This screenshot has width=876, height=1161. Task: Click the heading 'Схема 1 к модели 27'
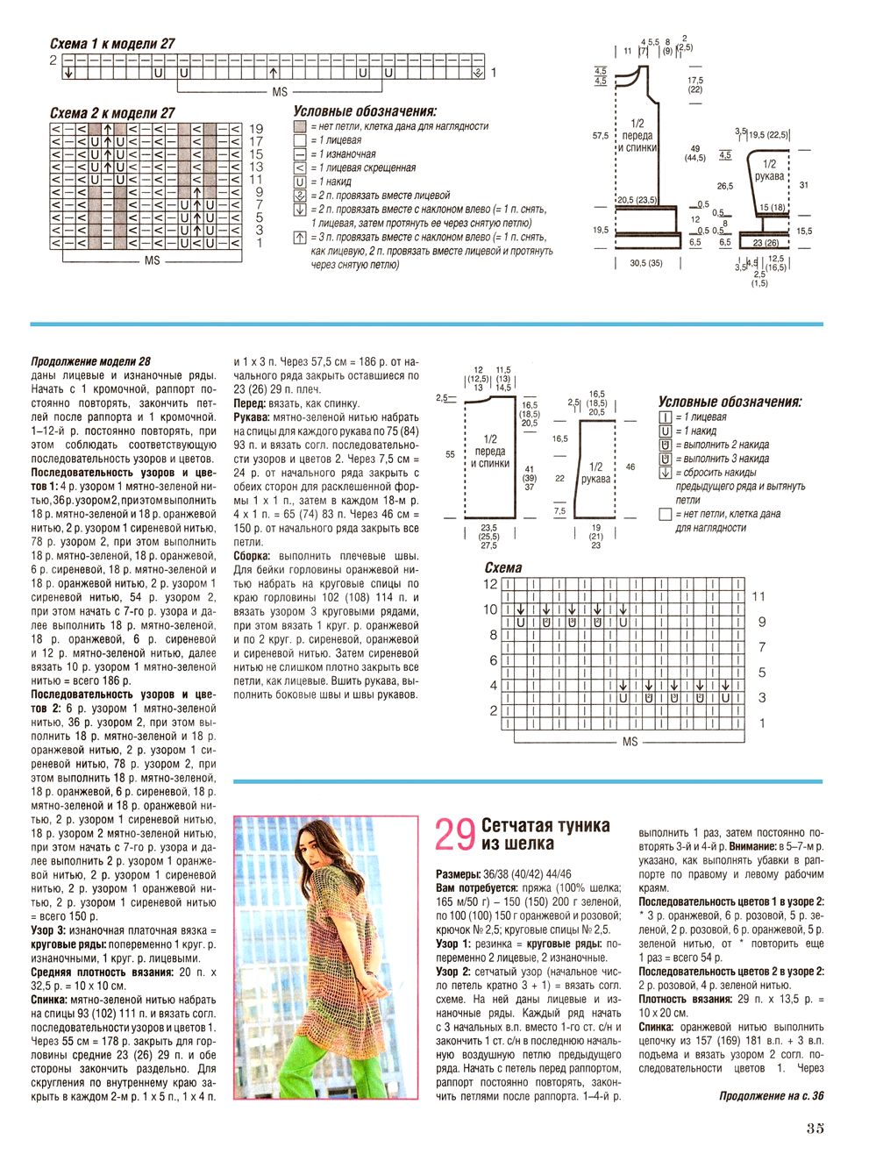click(x=112, y=43)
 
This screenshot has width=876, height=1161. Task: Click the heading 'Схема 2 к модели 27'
click(x=112, y=113)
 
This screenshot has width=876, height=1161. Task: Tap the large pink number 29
click(x=455, y=835)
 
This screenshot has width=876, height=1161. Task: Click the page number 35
click(x=815, y=1129)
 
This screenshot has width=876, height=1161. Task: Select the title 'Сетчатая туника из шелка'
click(x=545, y=834)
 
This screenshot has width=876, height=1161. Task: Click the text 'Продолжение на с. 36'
click(x=771, y=1095)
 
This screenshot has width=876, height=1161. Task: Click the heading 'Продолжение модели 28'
click(x=90, y=361)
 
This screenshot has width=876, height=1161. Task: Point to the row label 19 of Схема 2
click(x=256, y=129)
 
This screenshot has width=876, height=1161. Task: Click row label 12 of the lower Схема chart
click(x=490, y=584)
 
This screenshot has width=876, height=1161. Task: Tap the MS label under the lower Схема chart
click(x=630, y=742)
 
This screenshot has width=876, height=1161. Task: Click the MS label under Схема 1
click(x=280, y=92)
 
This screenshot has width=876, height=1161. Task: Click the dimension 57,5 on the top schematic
click(x=601, y=136)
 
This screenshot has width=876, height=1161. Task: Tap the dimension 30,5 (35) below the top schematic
click(x=646, y=263)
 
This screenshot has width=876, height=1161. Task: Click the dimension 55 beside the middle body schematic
click(x=450, y=454)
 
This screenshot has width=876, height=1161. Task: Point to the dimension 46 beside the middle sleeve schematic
click(x=630, y=467)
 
